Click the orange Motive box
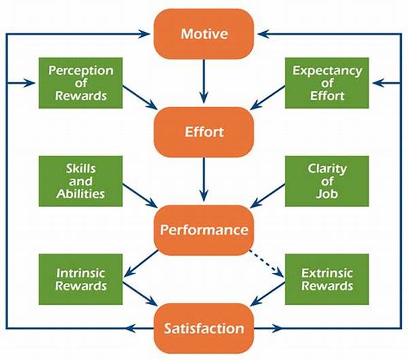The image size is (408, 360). pos(204,34)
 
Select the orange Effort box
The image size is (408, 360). pos(204,132)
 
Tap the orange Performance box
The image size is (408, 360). pos(204,230)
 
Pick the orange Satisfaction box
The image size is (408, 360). pos(204,328)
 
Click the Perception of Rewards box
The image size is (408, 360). pos(81,83)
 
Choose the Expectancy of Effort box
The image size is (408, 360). pos(327,83)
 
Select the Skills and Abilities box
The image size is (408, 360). pos(81,181)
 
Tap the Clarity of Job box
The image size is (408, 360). pos(327,181)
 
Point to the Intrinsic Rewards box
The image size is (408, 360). pos(81,279)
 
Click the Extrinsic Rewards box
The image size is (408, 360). pos(327,279)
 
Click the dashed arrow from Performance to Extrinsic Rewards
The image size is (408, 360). pos(267,263)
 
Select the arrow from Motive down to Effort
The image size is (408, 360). pos(204,81)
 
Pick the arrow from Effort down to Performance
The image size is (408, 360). pos(204,179)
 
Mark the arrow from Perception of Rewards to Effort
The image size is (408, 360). pos(140,97)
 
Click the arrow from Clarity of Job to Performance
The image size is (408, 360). pos(268,195)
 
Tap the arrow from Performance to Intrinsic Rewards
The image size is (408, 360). pos(141,263)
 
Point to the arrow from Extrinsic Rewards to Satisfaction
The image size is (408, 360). pos(268,294)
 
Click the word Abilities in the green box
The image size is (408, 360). pos(81,194)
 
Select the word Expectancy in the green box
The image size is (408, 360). pos(327,71)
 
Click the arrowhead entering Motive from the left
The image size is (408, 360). pos(144,34)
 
